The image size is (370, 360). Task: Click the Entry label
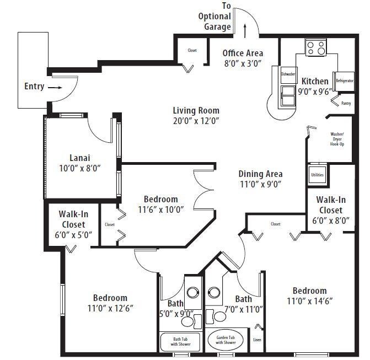(x=34, y=87)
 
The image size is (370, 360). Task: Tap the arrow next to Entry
(x=55, y=87)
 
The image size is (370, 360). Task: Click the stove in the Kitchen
(x=316, y=47)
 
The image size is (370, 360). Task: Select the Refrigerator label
(x=344, y=80)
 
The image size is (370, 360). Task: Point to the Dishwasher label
(x=288, y=74)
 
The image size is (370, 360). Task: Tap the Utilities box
(x=317, y=175)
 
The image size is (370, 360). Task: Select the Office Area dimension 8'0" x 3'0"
(x=243, y=63)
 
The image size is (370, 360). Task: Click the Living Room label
(x=196, y=110)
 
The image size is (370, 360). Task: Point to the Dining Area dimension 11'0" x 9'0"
(x=260, y=185)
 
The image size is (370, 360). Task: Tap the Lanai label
(x=80, y=157)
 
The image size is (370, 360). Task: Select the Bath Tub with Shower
(x=180, y=342)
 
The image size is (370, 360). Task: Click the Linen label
(x=257, y=340)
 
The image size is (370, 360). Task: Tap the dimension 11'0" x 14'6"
(x=309, y=301)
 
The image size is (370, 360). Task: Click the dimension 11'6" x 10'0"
(x=160, y=209)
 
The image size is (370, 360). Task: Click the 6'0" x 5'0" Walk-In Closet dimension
(x=73, y=234)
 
